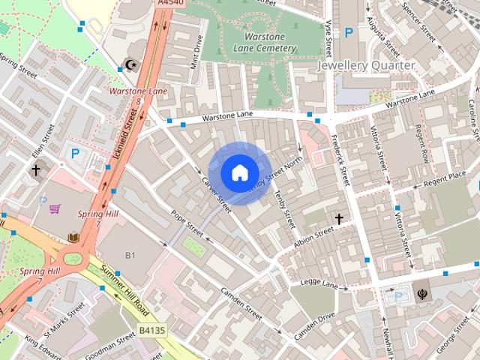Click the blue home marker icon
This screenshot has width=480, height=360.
click(239, 173)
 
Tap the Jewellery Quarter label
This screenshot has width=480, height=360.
click(366, 65)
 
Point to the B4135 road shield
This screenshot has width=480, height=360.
click(153, 328)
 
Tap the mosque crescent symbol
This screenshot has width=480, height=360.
click(133, 65)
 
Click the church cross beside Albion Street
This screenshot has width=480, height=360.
click(339, 219)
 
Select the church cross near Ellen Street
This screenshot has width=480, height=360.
click(35, 170)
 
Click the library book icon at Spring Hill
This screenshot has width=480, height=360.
click(73, 238)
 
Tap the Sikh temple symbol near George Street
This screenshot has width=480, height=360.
click(418, 285)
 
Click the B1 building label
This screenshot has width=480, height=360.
click(130, 256)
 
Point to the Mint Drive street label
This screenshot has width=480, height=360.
click(197, 53)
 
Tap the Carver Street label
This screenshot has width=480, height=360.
click(216, 190)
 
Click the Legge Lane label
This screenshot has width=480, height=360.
click(320, 283)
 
